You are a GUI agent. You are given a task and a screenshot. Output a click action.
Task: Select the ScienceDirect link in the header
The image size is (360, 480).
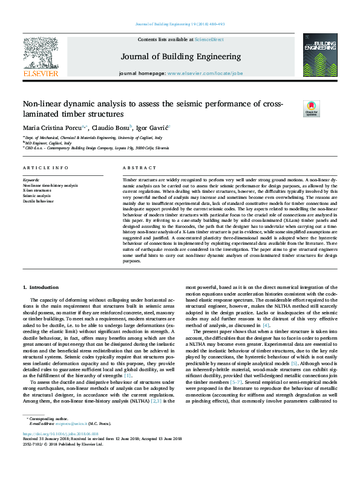tap(209, 39)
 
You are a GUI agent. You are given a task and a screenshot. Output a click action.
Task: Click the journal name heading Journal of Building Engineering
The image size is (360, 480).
tap(180, 56)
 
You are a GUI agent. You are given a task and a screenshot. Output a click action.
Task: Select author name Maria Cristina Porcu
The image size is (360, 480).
tap(54, 128)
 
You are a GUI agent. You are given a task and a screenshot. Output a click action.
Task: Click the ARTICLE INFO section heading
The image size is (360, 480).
tap(45, 167)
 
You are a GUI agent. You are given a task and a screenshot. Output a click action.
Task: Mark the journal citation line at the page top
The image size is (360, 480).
tap(180, 26)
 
